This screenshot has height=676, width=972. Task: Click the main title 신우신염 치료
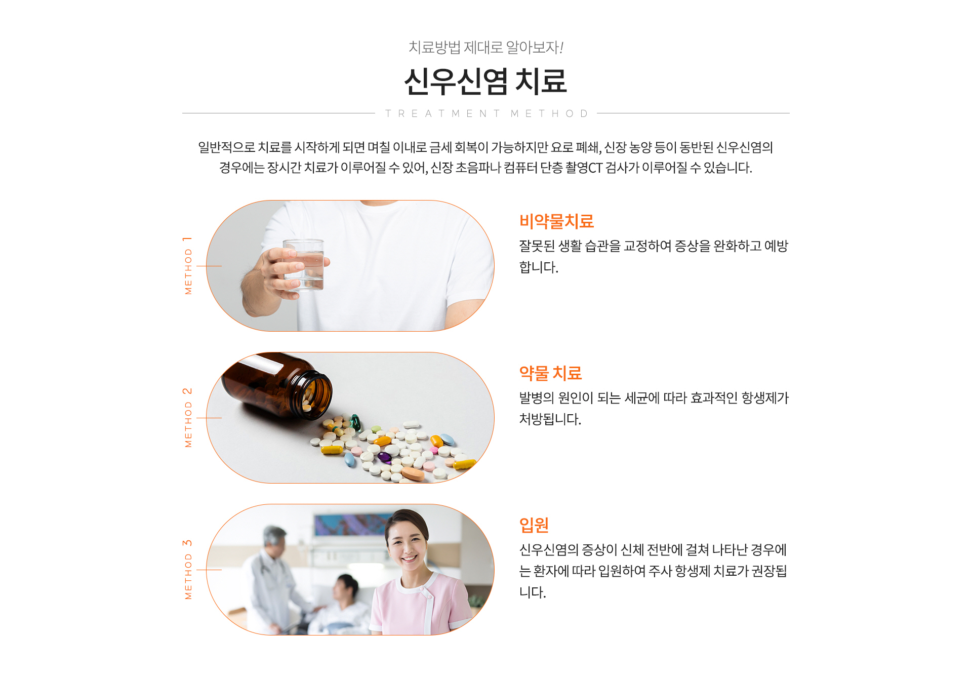pyautogui.click(x=485, y=81)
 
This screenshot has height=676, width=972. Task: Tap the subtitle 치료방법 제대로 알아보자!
pyautogui.click(x=486, y=47)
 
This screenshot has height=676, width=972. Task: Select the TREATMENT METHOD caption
pyautogui.click(x=486, y=113)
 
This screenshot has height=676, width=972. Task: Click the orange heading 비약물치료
pyautogui.click(x=556, y=221)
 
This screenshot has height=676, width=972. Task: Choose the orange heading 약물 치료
pyautogui.click(x=550, y=373)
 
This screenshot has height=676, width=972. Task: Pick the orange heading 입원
pyautogui.click(x=534, y=525)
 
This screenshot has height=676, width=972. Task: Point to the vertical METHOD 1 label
pyautogui.click(x=188, y=265)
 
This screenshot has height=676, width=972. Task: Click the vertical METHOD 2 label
pyautogui.click(x=188, y=418)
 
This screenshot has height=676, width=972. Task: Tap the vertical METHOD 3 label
pyautogui.click(x=188, y=570)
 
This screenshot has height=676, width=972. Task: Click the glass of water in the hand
pyautogui.click(x=304, y=264)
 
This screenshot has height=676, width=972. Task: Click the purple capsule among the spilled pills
pyautogui.click(x=385, y=458)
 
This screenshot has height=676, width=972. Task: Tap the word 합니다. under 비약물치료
pyautogui.click(x=539, y=267)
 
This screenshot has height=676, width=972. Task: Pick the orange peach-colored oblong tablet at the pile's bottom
pyautogui.click(x=413, y=474)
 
